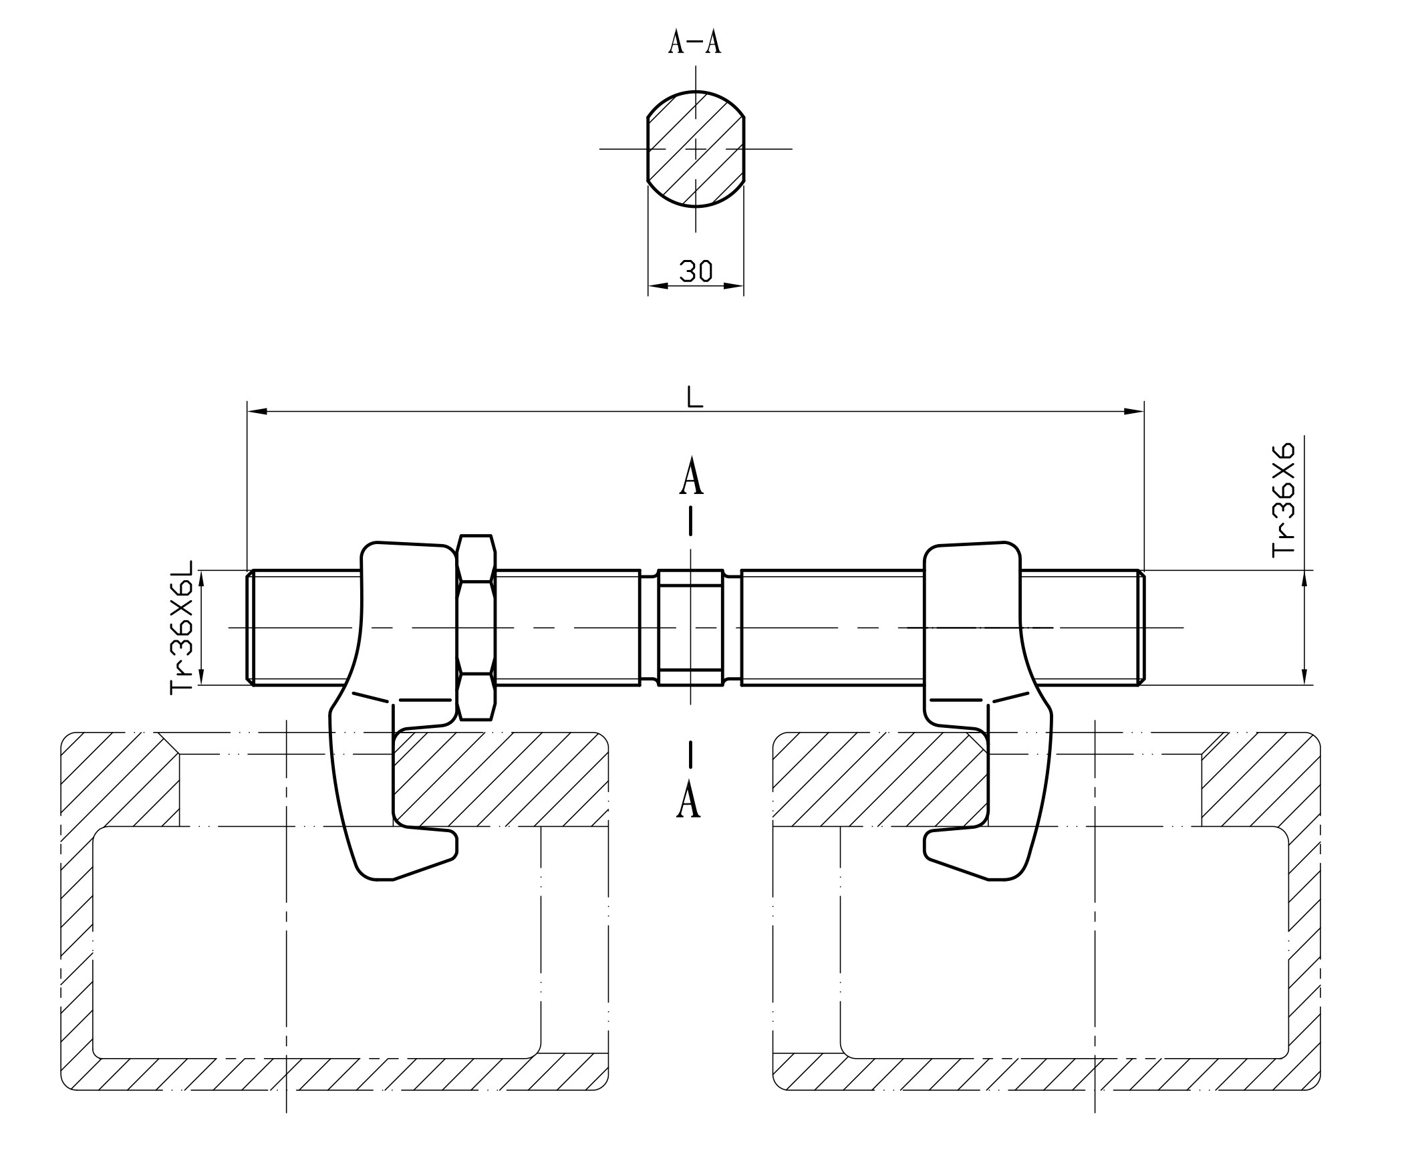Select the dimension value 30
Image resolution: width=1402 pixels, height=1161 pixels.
pos(696,271)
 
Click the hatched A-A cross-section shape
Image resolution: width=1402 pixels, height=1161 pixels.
pos(696,148)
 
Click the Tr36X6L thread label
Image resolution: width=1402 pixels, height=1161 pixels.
pos(182,627)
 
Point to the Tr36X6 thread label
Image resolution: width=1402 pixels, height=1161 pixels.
pos(1284,500)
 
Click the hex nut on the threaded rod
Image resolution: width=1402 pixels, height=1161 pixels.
pos(476,627)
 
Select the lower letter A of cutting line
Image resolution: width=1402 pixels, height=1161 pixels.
pos(689,801)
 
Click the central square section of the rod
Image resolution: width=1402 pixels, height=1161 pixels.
pos(690,627)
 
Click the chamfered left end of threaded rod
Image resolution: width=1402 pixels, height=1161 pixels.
pos(251,627)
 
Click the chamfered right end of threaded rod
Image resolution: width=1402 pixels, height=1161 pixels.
pos(1141,627)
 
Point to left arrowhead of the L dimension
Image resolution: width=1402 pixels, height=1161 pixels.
pos(257,411)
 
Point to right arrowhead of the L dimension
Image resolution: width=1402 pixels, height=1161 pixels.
pos(1135,411)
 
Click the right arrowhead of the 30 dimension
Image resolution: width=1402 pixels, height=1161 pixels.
pos(735,286)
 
